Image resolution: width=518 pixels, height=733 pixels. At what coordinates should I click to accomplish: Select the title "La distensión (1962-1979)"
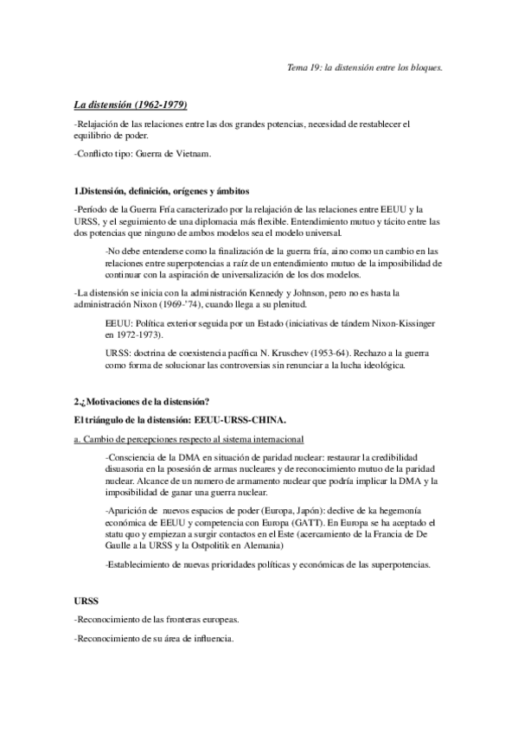tap(130, 105)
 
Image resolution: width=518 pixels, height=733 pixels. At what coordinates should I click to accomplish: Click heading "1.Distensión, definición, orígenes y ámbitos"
tap(163, 190)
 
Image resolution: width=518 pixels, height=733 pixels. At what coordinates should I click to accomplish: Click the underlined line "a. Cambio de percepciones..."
tap(189, 439)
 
